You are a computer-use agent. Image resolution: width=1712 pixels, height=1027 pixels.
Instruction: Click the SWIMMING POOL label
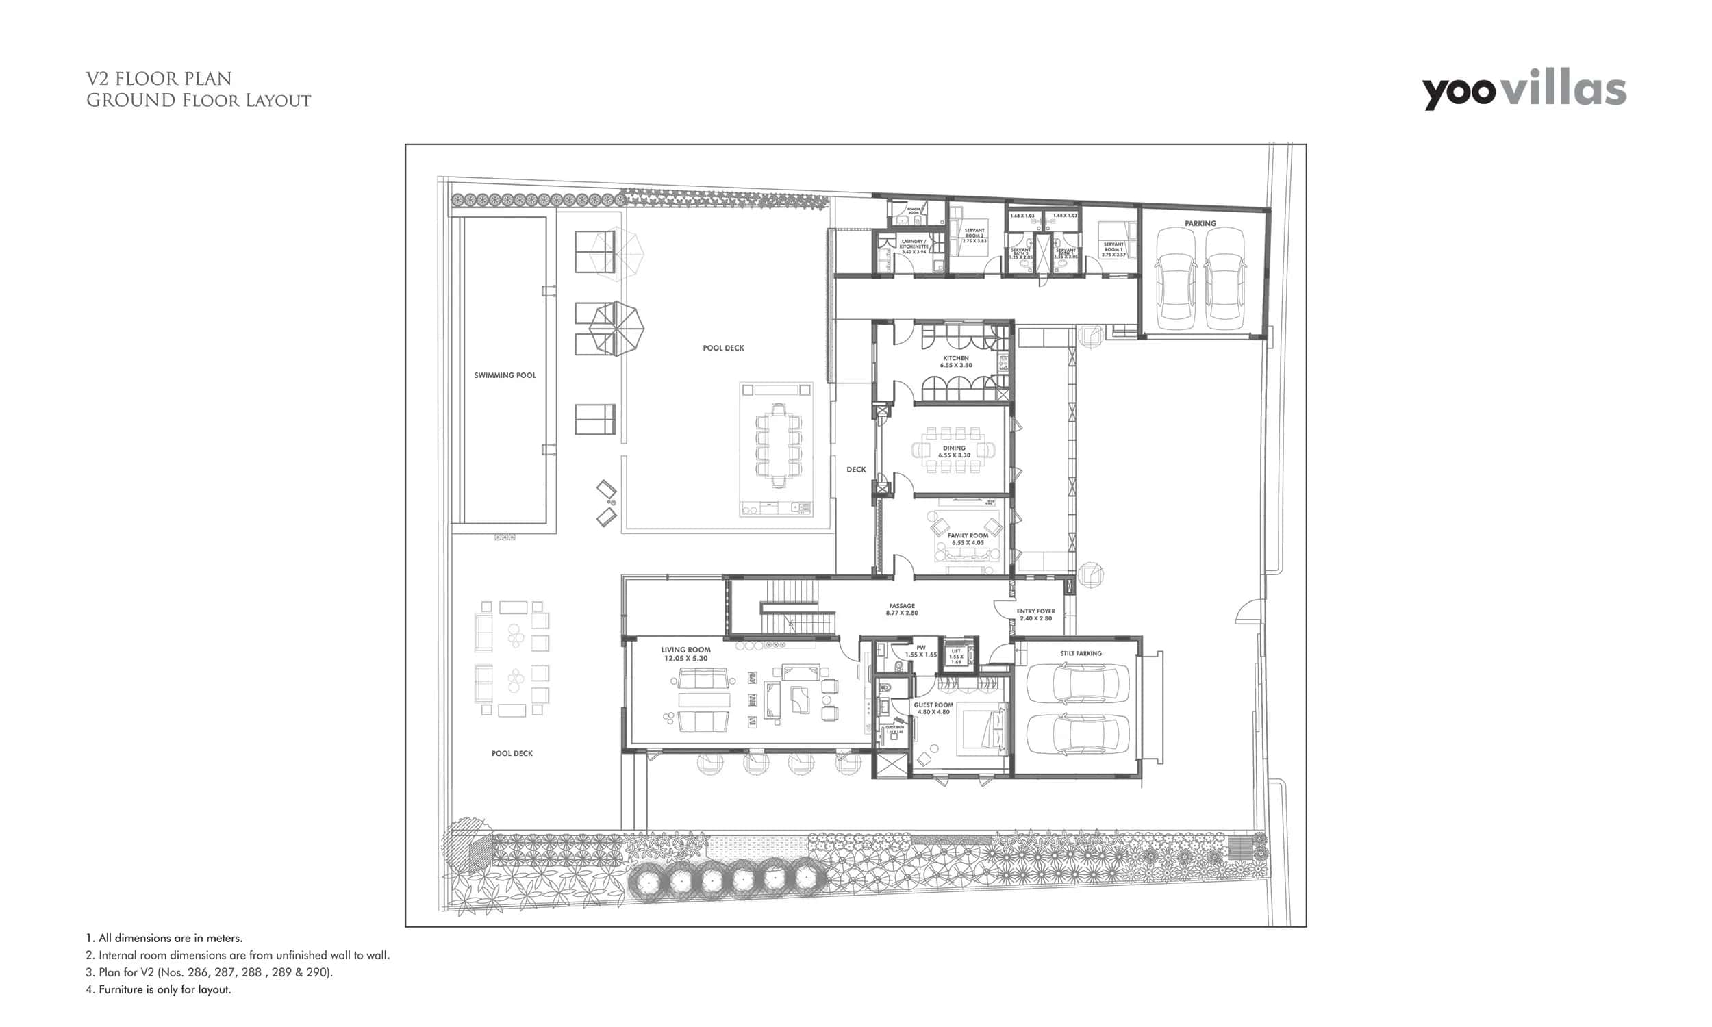click(x=505, y=375)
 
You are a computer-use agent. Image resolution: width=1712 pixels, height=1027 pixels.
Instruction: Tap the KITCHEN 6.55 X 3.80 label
click(x=956, y=362)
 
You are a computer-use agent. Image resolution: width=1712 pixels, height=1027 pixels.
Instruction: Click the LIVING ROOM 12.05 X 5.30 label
click(x=685, y=654)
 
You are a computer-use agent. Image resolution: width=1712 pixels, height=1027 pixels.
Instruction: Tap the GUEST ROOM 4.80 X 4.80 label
click(x=933, y=708)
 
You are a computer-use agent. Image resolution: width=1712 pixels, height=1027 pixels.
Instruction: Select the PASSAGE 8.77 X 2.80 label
click(x=902, y=609)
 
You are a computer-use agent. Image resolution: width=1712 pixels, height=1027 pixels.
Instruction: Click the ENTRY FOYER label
click(x=1035, y=615)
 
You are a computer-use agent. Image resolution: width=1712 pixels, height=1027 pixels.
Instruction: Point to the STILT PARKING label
click(x=1080, y=653)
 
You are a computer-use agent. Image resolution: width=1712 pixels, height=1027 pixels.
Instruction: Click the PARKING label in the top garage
click(x=1200, y=223)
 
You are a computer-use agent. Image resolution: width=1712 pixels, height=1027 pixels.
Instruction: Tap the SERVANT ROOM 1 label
click(x=1113, y=249)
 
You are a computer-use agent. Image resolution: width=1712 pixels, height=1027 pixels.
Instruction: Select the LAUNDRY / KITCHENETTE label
click(x=913, y=246)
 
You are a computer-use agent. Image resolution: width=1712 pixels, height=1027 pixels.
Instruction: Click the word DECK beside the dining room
click(x=856, y=469)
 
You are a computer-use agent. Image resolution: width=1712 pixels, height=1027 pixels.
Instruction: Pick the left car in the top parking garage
click(x=1176, y=278)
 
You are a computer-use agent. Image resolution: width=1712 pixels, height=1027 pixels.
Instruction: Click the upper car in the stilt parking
click(x=1077, y=684)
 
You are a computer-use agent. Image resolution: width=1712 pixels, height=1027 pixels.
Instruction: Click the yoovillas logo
click(x=1524, y=90)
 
